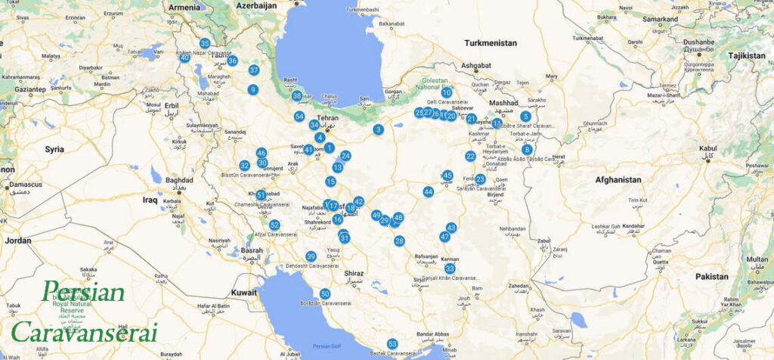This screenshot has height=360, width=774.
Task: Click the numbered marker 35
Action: (205, 43)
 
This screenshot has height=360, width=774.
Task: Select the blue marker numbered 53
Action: (392, 344)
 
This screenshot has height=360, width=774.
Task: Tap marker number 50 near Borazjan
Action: (325, 293)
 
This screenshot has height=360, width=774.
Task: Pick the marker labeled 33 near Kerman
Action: (450, 268)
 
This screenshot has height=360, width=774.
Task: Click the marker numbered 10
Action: (447, 92)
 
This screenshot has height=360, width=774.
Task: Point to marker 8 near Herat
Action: (527, 149)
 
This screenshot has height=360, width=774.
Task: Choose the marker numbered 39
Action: (311, 256)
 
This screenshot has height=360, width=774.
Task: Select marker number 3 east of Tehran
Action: (378, 129)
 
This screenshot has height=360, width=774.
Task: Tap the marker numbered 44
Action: (429, 191)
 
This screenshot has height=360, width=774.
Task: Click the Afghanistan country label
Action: (618, 180)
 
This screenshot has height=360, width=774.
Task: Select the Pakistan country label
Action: (712, 277)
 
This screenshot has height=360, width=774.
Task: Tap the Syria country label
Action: (54, 149)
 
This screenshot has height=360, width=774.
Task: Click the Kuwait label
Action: (244, 291)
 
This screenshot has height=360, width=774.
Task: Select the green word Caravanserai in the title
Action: (83, 331)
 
